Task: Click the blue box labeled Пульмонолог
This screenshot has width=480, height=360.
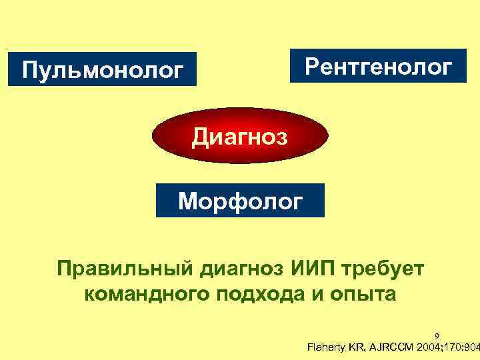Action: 103,69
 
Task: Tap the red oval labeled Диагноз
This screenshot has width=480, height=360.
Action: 240,138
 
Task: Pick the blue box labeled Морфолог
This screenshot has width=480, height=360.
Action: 240,200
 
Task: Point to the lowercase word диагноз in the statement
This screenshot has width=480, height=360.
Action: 235,269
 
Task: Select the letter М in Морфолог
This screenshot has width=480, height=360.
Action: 189,200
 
